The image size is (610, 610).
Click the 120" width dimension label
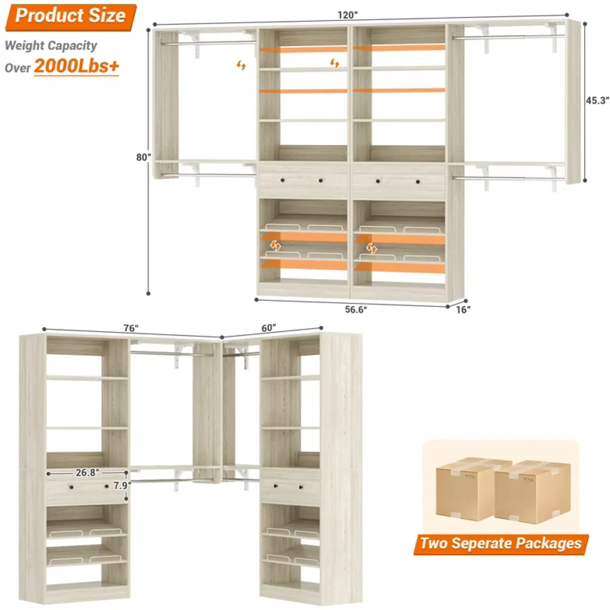347,15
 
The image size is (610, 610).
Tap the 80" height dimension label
144,157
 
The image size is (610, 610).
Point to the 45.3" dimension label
597,100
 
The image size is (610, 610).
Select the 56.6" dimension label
356,309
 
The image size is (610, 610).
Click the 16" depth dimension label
463,310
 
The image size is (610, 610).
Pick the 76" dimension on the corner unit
131,328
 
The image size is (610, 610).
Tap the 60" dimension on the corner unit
269,328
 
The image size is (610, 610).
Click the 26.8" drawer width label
88,472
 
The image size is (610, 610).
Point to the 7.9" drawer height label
122,485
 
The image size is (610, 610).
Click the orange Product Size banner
71,17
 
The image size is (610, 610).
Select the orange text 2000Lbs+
77,66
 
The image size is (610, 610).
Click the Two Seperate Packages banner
501,544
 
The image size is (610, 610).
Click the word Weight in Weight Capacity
24,45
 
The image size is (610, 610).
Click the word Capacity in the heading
73,46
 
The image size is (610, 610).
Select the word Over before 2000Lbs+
17,68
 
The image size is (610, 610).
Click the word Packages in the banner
549,544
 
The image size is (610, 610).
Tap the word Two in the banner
434,543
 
